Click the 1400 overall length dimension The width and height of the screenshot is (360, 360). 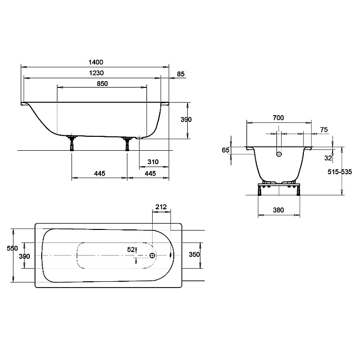(x=96, y=62)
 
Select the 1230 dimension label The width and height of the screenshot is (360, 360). (x=96, y=73)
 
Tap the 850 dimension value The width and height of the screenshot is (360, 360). (x=102, y=84)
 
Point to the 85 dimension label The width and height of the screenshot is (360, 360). (x=180, y=74)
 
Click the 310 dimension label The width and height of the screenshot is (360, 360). (x=153, y=162)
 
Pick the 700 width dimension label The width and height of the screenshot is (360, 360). (x=278, y=118)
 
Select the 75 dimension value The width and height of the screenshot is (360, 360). (x=324, y=130)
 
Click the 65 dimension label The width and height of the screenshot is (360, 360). (x=226, y=150)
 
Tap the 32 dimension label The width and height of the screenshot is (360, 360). (x=328, y=158)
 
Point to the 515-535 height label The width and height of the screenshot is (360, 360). (x=339, y=172)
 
